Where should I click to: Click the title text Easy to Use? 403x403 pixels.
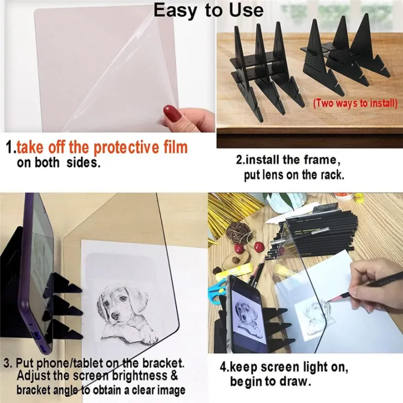(208, 10)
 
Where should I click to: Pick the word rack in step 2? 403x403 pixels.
(330, 175)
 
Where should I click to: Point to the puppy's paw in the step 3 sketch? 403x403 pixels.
(148, 336)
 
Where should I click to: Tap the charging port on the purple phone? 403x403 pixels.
(35, 336)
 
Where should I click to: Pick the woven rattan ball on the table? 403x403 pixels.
(240, 231)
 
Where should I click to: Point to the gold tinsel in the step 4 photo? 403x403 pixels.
(229, 207)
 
